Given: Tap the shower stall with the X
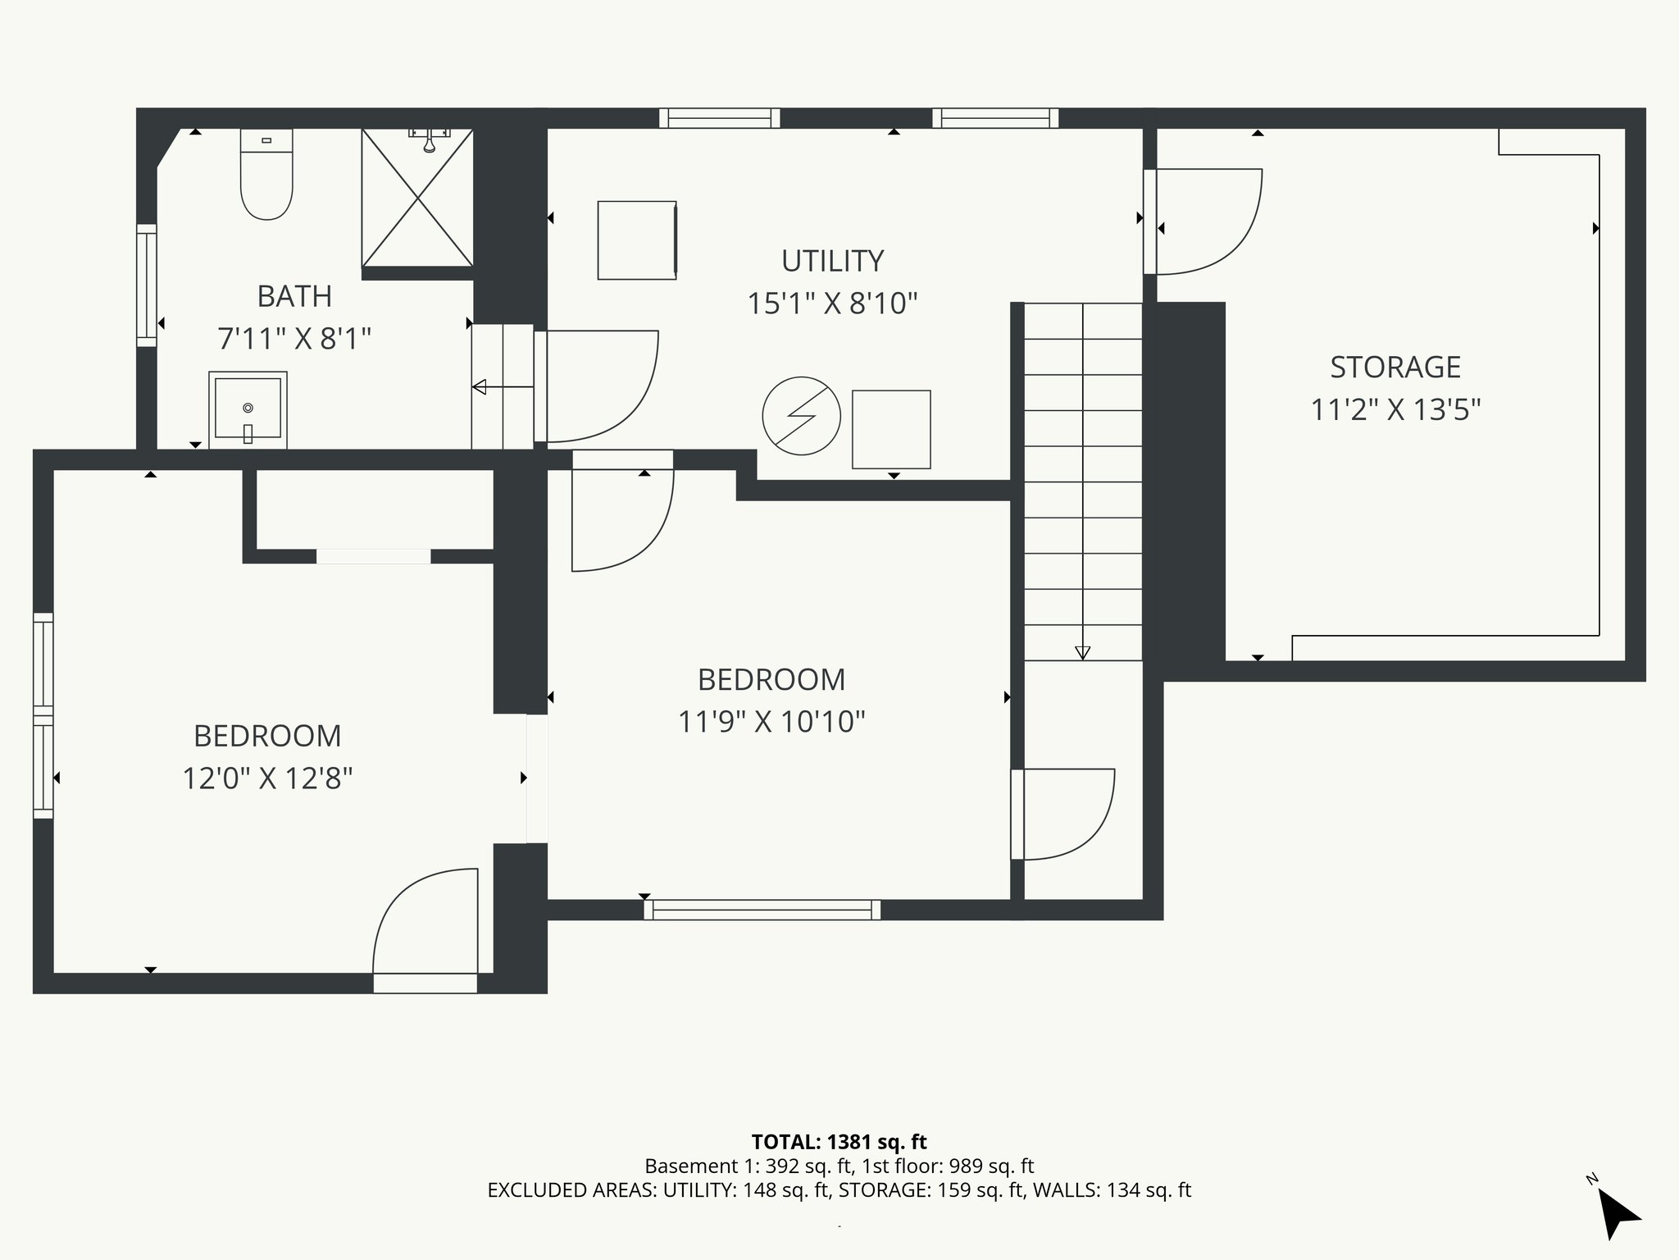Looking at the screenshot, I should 417,198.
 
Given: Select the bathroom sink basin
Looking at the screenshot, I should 248,409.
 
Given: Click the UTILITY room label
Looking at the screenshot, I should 832,261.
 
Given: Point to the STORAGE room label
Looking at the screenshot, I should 1395,367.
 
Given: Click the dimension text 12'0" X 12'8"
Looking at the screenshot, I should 267,778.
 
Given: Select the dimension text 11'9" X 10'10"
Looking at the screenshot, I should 771,722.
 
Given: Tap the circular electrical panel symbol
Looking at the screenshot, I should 801,416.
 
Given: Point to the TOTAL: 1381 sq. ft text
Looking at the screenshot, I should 839,1141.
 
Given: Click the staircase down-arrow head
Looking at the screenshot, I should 1082,653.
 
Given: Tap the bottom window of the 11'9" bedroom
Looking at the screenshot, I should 762,909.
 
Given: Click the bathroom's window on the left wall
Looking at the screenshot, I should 146,285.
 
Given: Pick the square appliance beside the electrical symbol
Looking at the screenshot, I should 891,429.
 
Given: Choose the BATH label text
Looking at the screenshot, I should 294,296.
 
